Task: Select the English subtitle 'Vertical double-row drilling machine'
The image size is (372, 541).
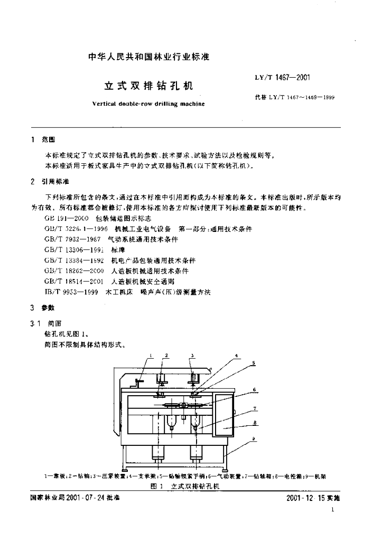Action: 148,105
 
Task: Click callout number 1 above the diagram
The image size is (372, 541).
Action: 151,356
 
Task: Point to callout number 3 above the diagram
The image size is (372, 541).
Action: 192,356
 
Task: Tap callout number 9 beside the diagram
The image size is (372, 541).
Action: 254,440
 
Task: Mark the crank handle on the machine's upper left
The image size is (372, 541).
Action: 139,383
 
